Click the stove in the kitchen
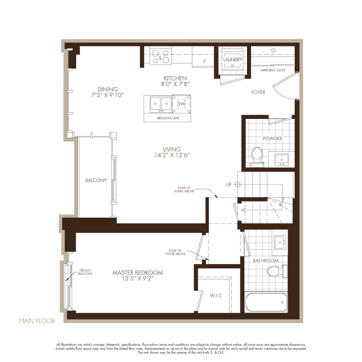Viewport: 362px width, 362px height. pos(160,56)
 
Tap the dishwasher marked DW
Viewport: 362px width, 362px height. pos(181,104)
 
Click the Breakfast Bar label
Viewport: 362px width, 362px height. pos(168,118)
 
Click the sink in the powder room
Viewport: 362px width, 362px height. pos(282,160)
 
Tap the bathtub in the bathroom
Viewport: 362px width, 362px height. pos(266,302)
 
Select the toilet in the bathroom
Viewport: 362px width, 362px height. pos(277,271)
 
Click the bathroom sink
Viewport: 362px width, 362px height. pos(280,242)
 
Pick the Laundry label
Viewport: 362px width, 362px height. pos(233,59)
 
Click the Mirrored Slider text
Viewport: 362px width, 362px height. pos(273,70)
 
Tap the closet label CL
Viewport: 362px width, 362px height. pos(274,50)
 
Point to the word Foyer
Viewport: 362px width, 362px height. pos(258,92)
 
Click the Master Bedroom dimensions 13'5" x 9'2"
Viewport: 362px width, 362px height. pos(138,278)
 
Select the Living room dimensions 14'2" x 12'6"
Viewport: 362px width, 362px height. pos(172,155)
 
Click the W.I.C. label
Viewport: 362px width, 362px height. pos(216,296)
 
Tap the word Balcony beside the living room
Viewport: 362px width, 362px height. pos(96,180)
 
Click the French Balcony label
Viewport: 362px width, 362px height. pos(85,272)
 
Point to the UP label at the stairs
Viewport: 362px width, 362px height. pos(229,184)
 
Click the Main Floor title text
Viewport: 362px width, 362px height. pos(37,321)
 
